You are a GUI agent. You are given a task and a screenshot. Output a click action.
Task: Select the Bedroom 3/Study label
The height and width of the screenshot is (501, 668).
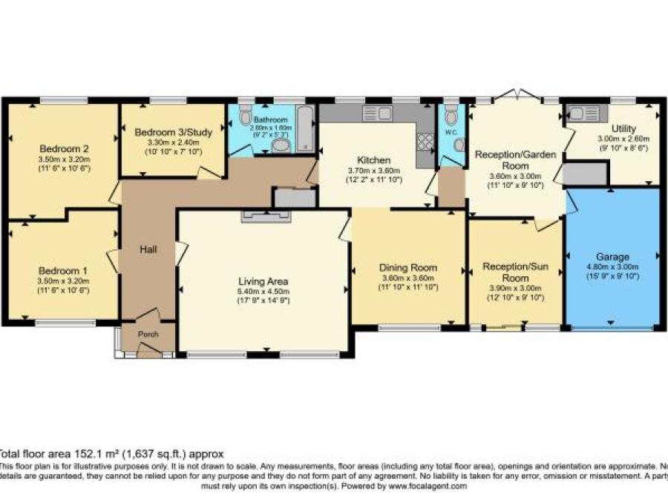click(x=174, y=132)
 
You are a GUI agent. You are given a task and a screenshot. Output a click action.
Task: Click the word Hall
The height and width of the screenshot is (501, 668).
click(x=148, y=250)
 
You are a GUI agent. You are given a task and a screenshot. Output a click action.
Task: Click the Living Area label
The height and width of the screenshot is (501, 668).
click(x=263, y=281)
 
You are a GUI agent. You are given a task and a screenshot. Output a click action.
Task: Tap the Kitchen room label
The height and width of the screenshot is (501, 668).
click(x=373, y=160)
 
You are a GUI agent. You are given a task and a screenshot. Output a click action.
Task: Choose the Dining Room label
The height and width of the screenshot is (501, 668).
click(x=408, y=267)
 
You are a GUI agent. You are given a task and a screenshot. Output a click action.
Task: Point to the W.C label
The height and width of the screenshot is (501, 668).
click(x=451, y=134)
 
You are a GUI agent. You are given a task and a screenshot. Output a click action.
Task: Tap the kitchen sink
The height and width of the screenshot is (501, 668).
click(x=377, y=114)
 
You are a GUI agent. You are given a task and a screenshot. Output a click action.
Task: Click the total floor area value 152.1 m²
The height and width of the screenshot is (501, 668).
click(x=108, y=453)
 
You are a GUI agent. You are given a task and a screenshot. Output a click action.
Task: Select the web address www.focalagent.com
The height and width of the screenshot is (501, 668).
click(x=426, y=486)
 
